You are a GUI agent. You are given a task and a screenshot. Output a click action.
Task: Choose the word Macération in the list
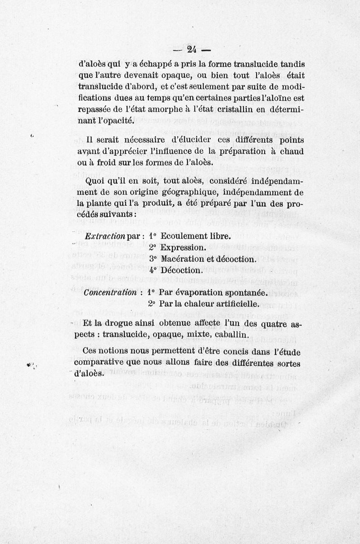tap(186, 259)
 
